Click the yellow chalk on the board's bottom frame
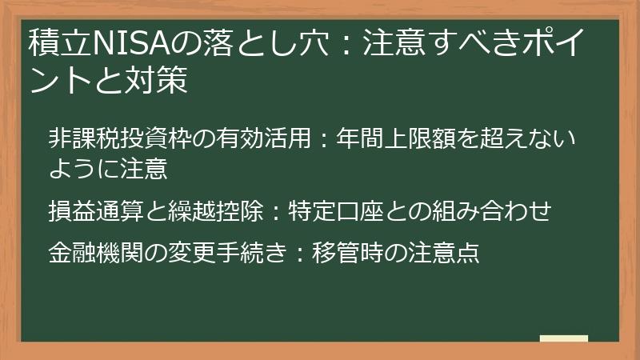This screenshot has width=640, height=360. (563, 338)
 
